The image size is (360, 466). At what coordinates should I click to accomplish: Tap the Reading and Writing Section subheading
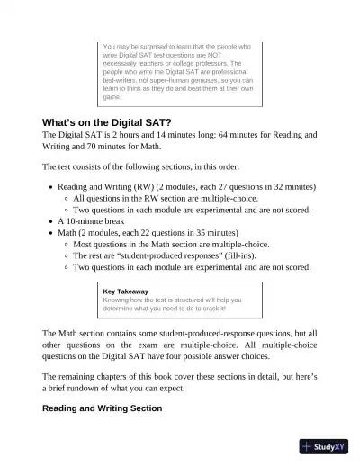pos(102,408)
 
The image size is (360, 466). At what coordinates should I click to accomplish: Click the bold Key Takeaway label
pos(126,291)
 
